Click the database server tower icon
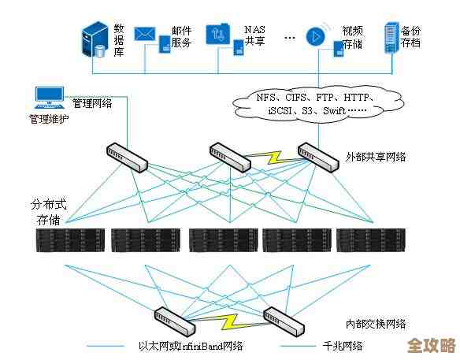[x=94, y=39]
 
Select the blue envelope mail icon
[x=143, y=34]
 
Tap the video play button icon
[x=315, y=36]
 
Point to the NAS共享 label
[x=254, y=35]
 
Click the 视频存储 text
[x=352, y=38]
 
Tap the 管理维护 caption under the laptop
[x=49, y=120]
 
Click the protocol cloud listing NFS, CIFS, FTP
[x=316, y=104]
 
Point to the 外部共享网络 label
[x=376, y=157]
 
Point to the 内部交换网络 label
[x=376, y=324]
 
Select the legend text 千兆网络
[x=341, y=346]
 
